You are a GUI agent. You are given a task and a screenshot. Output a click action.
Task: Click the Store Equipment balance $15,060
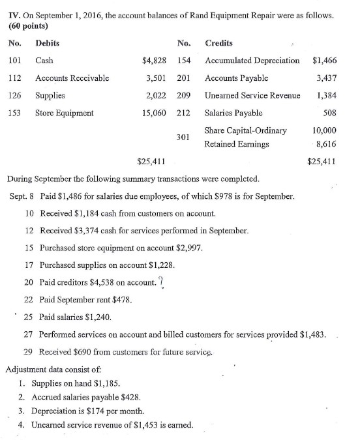point(151,112)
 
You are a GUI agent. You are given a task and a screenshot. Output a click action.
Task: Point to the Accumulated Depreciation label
point(252,61)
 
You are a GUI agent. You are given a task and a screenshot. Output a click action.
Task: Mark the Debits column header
point(46,43)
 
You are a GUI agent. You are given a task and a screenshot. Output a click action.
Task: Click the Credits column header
point(218,43)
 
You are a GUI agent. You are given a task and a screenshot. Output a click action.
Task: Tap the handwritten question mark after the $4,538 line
point(161,281)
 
